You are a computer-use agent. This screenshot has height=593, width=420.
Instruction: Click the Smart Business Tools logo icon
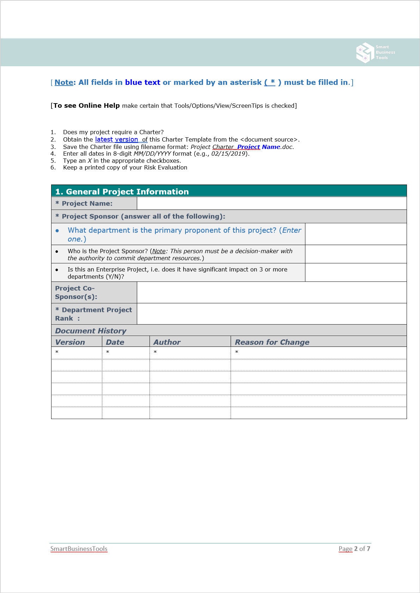365,53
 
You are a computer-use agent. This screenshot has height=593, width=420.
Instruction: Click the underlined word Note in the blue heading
64,82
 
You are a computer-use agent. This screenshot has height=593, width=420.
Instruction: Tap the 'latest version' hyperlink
116,139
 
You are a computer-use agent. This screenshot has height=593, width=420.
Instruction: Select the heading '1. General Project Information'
122,192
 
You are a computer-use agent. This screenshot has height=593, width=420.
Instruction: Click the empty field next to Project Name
272,203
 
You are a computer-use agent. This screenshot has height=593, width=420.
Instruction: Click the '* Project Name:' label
84,204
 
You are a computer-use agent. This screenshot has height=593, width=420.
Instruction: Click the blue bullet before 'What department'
57,230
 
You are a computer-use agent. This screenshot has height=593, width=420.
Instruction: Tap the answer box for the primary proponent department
355,234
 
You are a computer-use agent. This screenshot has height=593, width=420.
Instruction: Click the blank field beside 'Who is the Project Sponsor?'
355,254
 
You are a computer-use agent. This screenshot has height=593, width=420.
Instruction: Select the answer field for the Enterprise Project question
355,273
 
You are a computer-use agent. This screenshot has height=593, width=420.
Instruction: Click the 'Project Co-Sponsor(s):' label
76,292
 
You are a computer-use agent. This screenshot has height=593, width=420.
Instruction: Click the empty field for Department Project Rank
272,314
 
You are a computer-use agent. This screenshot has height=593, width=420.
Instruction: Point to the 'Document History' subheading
91,331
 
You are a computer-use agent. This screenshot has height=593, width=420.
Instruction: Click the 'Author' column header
167,342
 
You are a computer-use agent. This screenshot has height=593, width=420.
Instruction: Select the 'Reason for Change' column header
272,342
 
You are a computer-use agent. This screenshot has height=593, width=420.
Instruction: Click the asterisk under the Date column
108,352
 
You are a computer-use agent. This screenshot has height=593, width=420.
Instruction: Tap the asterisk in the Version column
57,352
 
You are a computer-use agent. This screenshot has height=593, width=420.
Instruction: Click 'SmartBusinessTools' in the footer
79,549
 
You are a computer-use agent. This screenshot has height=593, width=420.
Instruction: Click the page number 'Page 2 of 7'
354,549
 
